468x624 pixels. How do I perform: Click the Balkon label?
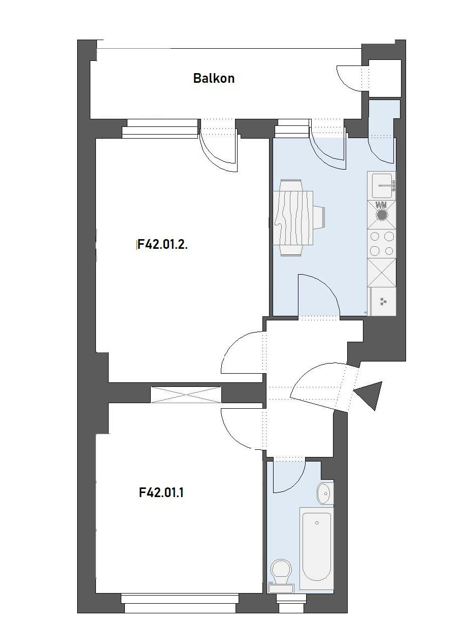[x=214, y=78]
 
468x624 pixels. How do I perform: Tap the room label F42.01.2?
[x=162, y=244]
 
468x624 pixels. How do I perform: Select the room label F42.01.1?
[x=161, y=492]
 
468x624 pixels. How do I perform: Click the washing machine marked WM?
[x=382, y=215]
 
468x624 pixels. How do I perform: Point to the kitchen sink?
[x=382, y=186]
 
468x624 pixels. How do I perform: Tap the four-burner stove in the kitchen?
[x=382, y=244]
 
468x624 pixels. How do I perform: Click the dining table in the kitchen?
[x=293, y=218]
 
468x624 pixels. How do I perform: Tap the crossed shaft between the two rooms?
[x=186, y=395]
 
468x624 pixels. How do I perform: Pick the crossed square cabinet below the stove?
[x=382, y=273]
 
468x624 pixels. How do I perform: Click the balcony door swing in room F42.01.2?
[x=219, y=153]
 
